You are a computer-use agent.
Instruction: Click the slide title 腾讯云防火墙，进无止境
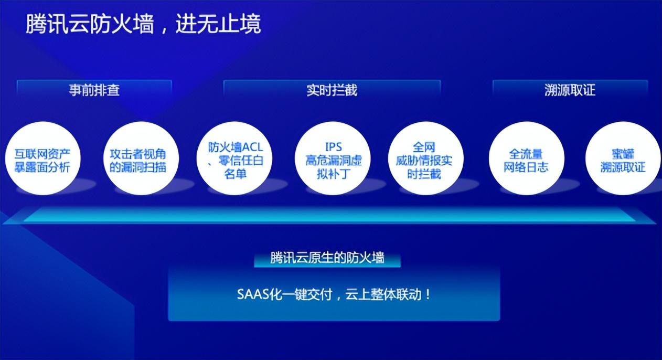143,24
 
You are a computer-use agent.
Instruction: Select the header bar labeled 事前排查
94,89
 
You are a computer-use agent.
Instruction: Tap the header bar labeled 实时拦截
332,89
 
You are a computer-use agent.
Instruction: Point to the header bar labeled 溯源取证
570,89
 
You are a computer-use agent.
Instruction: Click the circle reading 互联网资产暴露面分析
43,158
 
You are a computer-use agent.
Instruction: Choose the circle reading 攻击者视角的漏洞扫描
141,158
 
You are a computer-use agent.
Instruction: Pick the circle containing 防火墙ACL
234,158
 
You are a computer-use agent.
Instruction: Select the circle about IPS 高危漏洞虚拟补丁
333,158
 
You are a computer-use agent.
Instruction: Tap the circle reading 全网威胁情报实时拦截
425,158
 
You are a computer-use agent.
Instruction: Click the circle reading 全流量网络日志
527,158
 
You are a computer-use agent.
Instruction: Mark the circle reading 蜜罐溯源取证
623,158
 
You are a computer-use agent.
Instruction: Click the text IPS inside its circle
334,147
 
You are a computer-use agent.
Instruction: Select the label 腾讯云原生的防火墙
327,258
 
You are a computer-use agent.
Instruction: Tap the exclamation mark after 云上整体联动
428,294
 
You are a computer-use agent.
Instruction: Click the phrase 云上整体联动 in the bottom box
383,294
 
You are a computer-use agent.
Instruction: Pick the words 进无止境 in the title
218,24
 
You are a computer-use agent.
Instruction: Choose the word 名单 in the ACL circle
235,174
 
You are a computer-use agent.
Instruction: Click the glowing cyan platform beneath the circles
329,215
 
